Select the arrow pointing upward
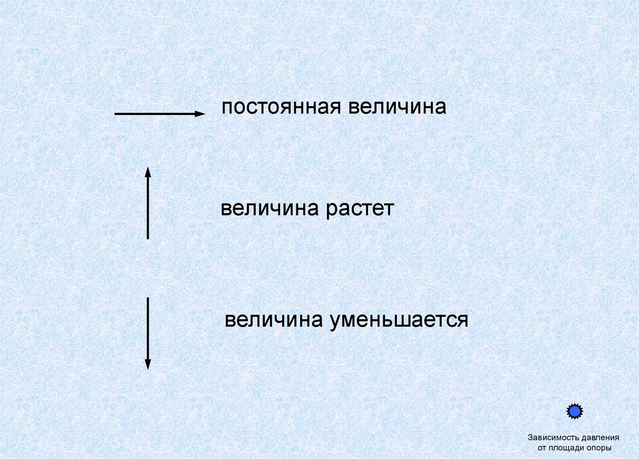(148, 203)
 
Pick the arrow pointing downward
(148, 333)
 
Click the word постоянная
(280, 107)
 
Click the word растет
(359, 209)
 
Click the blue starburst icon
(574, 412)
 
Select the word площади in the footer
(570, 448)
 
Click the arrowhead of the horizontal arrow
(200, 114)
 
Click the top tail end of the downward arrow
(148, 299)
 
